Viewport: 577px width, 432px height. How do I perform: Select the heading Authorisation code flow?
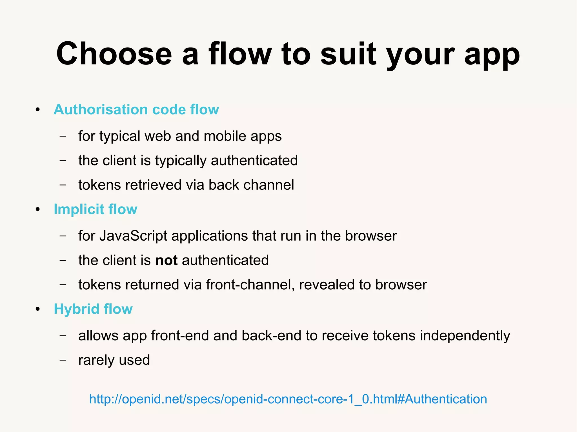(x=136, y=109)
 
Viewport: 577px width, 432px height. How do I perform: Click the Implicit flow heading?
(x=96, y=209)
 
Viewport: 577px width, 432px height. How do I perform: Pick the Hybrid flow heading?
(x=93, y=309)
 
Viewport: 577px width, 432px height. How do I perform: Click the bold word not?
(x=166, y=260)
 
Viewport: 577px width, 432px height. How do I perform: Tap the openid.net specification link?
(x=288, y=399)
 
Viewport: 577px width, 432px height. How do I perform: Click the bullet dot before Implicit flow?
(x=38, y=210)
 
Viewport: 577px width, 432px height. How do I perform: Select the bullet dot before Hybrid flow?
(x=38, y=310)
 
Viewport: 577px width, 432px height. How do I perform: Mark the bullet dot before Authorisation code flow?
(x=38, y=110)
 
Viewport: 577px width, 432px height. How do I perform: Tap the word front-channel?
(x=250, y=285)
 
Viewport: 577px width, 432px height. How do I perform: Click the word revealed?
(x=327, y=285)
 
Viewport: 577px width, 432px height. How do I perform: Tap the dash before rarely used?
(x=63, y=360)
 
